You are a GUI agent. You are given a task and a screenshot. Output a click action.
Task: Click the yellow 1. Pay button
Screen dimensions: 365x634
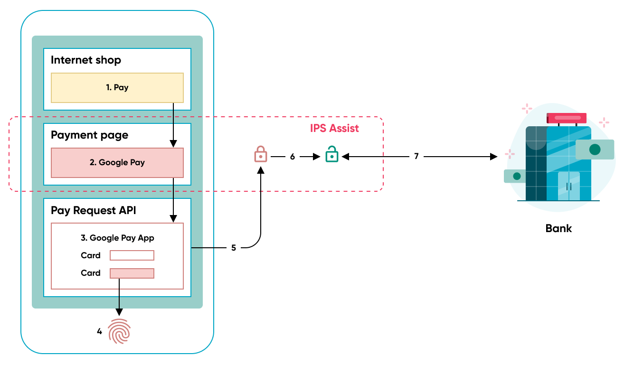coord(117,88)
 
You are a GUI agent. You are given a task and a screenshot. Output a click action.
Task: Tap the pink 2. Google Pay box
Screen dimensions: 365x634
coord(117,162)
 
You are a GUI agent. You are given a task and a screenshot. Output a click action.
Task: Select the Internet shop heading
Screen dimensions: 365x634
coord(86,60)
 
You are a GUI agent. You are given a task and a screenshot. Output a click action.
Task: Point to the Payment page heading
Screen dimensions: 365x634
coord(89,135)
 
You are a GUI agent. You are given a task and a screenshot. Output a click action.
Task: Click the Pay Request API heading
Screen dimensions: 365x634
coord(93,210)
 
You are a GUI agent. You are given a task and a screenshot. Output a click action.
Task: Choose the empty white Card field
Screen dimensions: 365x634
coord(132,255)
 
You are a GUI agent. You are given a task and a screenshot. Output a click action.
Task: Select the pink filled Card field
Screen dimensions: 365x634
coord(132,273)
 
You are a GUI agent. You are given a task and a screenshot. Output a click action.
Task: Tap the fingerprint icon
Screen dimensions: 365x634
coord(119,331)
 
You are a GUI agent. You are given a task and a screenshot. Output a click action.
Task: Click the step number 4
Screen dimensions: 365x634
coord(99,332)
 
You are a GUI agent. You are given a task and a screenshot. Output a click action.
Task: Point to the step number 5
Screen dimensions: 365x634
coord(234,248)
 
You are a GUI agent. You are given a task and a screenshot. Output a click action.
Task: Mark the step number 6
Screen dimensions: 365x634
coord(293,156)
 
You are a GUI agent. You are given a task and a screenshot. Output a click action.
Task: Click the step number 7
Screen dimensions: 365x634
coord(416,156)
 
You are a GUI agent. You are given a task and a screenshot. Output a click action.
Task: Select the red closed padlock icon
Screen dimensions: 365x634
coord(260,154)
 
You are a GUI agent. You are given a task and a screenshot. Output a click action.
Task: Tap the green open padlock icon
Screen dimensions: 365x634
coord(331,154)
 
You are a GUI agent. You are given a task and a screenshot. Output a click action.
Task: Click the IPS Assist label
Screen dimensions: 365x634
coord(334,128)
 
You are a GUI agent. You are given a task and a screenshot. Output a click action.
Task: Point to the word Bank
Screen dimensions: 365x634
coord(558,228)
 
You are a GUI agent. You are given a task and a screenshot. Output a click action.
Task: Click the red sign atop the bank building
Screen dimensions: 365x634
coord(567,118)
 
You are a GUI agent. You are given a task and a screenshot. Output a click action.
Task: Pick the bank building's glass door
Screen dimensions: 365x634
coord(568,186)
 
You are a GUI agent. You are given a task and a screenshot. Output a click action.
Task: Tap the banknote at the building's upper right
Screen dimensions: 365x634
coord(595,150)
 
